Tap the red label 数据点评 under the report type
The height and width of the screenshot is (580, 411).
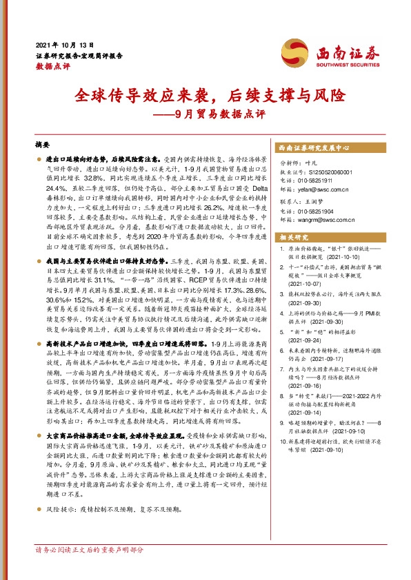[53, 67]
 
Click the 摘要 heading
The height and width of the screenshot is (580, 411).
[43, 146]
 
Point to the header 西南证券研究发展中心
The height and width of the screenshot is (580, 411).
[314, 148]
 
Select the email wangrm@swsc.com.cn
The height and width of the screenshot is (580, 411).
[321, 221]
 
